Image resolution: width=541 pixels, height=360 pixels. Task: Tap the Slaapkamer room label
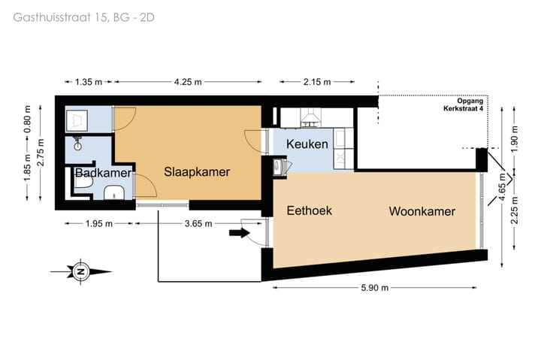click(197, 171)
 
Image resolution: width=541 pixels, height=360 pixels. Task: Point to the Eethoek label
click(309, 211)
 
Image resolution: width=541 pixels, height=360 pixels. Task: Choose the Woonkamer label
click(422, 211)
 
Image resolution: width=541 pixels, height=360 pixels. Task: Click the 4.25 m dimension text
click(187, 82)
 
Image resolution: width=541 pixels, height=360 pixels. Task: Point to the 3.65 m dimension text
click(198, 223)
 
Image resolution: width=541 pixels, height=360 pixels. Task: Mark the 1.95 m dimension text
click(98, 223)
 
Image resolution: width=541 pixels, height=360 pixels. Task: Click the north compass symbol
click(80, 271)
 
